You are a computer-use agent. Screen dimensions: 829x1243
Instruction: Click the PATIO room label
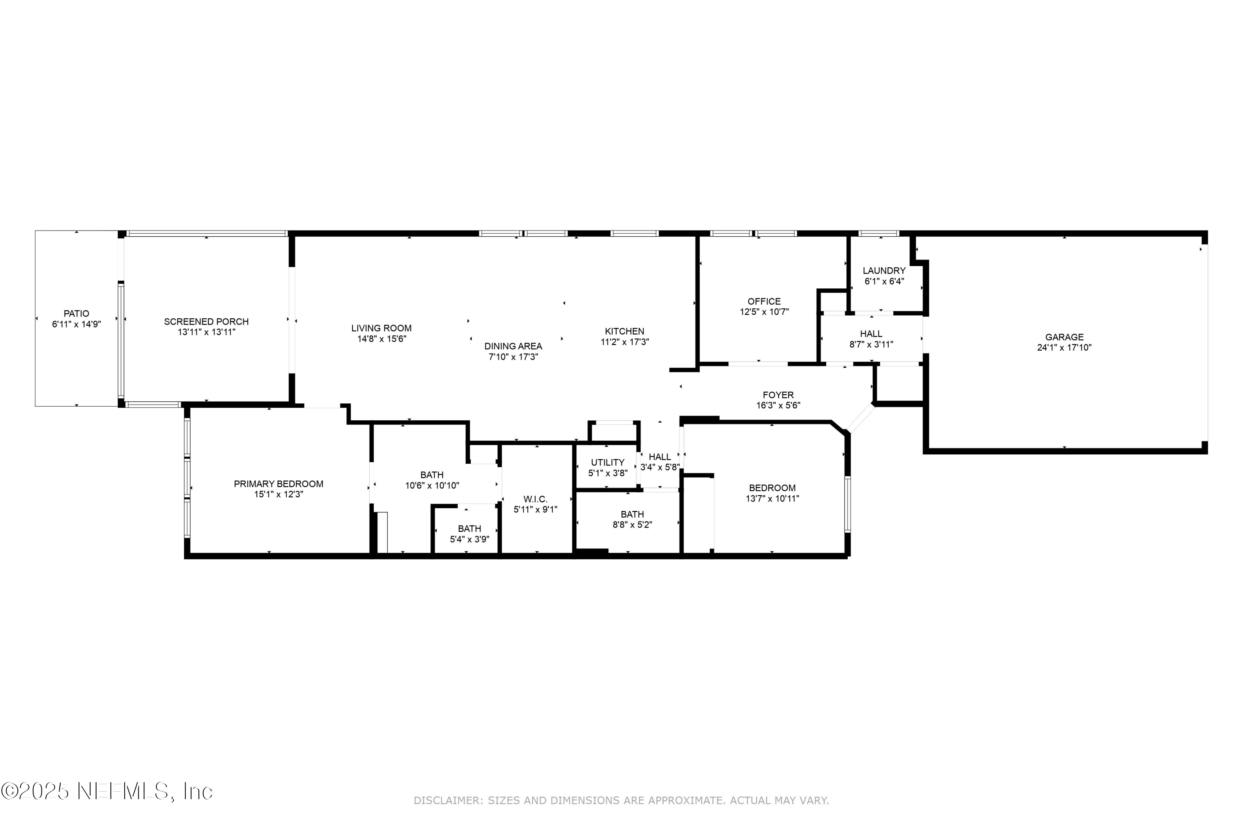pyautogui.click(x=76, y=313)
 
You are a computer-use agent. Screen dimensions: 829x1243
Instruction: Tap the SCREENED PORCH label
pyautogui.click(x=206, y=322)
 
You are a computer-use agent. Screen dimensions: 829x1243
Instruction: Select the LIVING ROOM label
pyautogui.click(x=381, y=328)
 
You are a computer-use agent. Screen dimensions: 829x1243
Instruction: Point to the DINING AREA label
pyautogui.click(x=513, y=346)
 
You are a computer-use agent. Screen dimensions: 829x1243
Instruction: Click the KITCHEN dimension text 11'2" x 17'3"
pyautogui.click(x=625, y=342)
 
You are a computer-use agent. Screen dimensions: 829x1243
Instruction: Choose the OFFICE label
pyautogui.click(x=764, y=301)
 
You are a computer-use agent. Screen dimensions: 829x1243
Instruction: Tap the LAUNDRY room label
pyautogui.click(x=884, y=271)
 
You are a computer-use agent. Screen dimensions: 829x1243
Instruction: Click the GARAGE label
pyautogui.click(x=1064, y=337)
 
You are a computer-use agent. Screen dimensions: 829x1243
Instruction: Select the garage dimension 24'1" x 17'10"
pyautogui.click(x=1064, y=348)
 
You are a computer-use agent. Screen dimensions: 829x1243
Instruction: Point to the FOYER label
pyautogui.click(x=778, y=395)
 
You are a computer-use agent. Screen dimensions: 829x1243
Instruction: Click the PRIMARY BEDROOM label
pyautogui.click(x=278, y=484)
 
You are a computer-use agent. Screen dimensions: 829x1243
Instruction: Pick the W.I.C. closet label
pyautogui.click(x=535, y=499)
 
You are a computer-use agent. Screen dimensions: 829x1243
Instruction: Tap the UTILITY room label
pyautogui.click(x=607, y=463)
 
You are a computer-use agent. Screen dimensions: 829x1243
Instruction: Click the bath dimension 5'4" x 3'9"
pyautogui.click(x=469, y=539)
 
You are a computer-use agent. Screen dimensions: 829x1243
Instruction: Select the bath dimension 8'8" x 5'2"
pyautogui.click(x=632, y=525)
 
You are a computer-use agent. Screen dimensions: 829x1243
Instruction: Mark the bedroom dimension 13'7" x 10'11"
pyautogui.click(x=772, y=499)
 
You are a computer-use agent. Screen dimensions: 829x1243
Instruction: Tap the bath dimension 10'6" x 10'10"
pyautogui.click(x=432, y=485)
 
